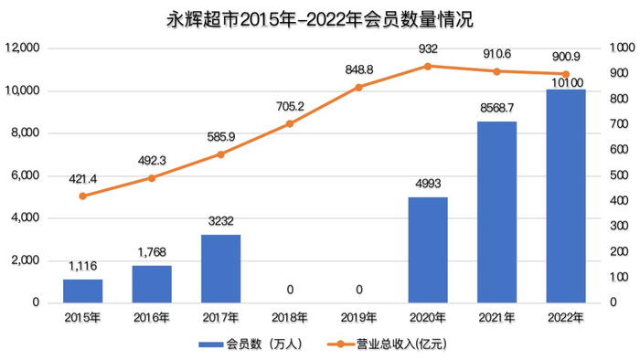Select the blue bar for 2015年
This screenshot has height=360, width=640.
[x=82, y=291]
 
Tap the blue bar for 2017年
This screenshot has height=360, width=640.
[x=220, y=268]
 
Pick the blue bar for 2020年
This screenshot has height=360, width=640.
[x=427, y=249]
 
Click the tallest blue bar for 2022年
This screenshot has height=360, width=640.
[x=565, y=196]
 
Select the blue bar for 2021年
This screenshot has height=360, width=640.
[x=496, y=212]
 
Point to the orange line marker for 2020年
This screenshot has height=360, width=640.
[x=427, y=66]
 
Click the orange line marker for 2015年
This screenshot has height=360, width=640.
[x=82, y=196]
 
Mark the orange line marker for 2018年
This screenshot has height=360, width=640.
[x=289, y=123]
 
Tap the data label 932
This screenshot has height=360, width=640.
[x=427, y=48]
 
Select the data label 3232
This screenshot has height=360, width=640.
[x=220, y=221]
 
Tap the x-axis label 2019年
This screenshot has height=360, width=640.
[x=358, y=317]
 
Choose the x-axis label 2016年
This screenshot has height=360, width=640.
[x=152, y=317]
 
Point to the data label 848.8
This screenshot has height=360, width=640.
[x=358, y=69]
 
